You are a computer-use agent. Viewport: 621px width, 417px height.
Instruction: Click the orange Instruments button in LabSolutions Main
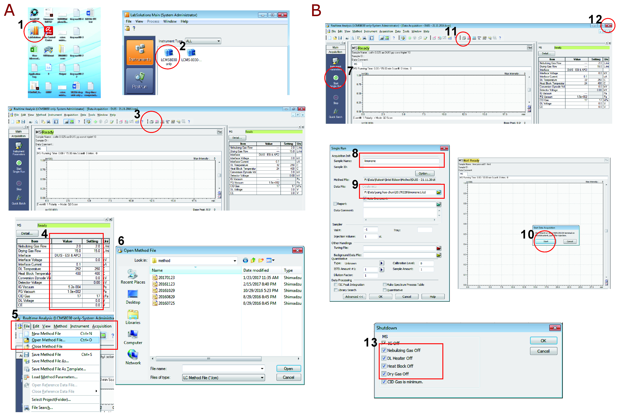[140, 52]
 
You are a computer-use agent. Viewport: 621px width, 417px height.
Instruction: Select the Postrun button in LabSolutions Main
[140, 81]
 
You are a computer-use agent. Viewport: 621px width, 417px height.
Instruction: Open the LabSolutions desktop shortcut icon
[34, 31]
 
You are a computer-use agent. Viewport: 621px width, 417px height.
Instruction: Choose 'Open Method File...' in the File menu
[49, 340]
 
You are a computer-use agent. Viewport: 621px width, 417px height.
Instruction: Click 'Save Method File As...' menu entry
[50, 361]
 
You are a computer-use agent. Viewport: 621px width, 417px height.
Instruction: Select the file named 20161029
[167, 290]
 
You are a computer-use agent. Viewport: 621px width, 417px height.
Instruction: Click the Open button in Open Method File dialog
[288, 369]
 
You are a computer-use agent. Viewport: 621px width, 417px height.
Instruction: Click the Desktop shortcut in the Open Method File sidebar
[133, 296]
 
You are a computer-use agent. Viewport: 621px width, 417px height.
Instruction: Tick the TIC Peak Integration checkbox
[336, 285]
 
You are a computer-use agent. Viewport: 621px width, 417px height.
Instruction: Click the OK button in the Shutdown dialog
[543, 341]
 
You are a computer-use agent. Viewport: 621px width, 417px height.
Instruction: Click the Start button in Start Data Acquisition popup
[546, 241]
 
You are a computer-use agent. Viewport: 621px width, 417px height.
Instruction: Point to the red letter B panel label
[316, 11]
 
